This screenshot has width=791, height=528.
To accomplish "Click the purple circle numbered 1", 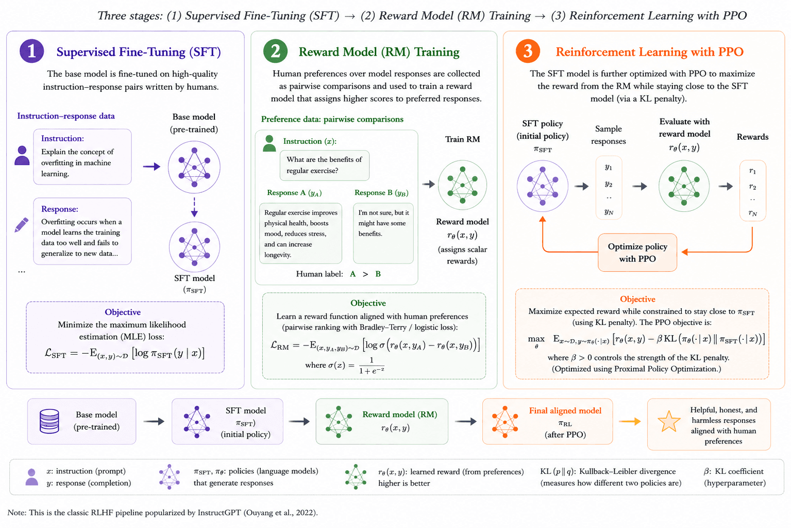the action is coord(32,51).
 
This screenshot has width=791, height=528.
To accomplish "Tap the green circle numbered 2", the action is coord(276,51).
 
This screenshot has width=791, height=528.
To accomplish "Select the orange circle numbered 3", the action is coord(528,51).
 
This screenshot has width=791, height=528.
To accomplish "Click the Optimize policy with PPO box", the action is coord(637,252).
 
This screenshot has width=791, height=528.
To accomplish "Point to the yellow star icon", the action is coord(669,421).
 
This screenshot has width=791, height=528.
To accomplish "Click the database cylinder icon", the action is coord(49,421).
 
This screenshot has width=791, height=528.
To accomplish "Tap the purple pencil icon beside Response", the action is coord(21,225).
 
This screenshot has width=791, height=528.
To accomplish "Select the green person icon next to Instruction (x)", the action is coord(270,143).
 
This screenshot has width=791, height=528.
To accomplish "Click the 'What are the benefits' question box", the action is coord(325,165).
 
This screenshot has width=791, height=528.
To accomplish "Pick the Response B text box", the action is coord(383,233).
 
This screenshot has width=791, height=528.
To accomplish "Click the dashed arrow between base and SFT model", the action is coord(194,207).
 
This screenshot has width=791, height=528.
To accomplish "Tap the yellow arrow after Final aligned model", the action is coord(630,421).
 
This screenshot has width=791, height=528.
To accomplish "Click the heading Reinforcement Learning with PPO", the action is coord(649,52).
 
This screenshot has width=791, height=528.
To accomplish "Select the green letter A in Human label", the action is coord(352,274).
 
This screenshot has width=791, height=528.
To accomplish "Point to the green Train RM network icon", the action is coord(462,185).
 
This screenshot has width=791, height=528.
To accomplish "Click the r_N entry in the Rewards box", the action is coord(752,213).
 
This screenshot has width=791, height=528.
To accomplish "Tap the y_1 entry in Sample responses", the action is coord(608,167).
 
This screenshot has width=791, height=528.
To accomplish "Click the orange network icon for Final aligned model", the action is coord(505,422).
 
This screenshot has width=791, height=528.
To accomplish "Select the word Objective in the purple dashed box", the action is coord(123,312).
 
